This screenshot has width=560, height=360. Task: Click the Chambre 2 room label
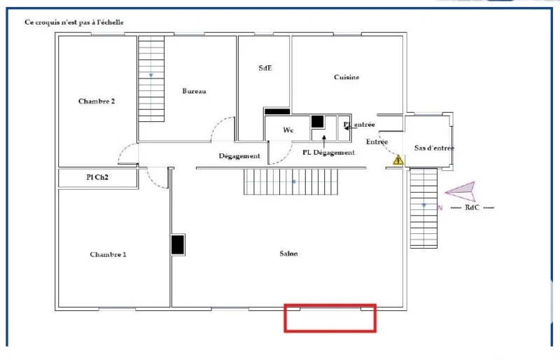click(x=97, y=101)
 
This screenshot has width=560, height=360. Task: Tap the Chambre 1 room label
click(x=108, y=254)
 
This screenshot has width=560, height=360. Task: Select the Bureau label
click(x=194, y=91)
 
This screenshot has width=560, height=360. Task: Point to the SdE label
click(x=265, y=68)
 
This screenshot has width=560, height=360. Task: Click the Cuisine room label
click(x=346, y=77)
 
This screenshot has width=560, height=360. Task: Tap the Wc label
click(x=288, y=130)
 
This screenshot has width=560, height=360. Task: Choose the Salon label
click(x=288, y=254)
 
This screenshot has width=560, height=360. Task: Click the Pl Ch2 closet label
click(x=97, y=177)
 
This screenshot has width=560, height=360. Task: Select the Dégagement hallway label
click(x=239, y=156)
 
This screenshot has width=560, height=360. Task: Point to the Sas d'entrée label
click(x=434, y=148)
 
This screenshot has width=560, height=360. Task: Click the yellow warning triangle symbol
click(x=398, y=160)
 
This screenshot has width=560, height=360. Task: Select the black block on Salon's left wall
click(x=178, y=245)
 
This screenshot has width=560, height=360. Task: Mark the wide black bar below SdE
click(x=277, y=111)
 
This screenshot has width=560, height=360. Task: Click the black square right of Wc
click(x=317, y=122)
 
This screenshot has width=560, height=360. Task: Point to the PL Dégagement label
click(x=328, y=152)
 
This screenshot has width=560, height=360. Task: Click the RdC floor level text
click(x=472, y=207)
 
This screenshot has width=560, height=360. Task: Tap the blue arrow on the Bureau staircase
click(x=151, y=76)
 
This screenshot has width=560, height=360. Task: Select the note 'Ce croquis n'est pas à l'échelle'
click(x=74, y=22)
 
